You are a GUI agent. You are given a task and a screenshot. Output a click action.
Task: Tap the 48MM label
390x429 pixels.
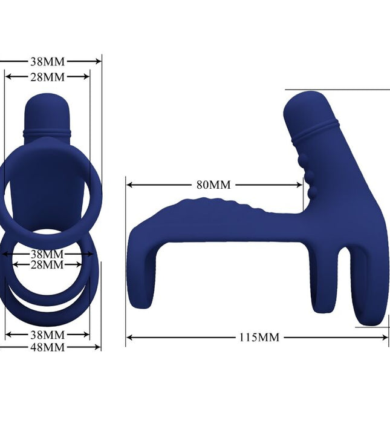tap(47, 347)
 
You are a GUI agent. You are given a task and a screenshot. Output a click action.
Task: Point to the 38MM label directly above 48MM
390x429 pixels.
tap(47, 335)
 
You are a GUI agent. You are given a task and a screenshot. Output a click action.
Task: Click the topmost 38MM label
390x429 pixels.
tap(47, 61)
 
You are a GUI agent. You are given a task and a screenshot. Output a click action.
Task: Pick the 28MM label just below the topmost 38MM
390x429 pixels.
tap(47, 77)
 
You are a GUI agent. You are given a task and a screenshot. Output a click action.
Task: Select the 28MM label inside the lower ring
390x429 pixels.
tap(47, 264)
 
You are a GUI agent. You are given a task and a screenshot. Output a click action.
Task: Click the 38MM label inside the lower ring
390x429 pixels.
tap(47, 254)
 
